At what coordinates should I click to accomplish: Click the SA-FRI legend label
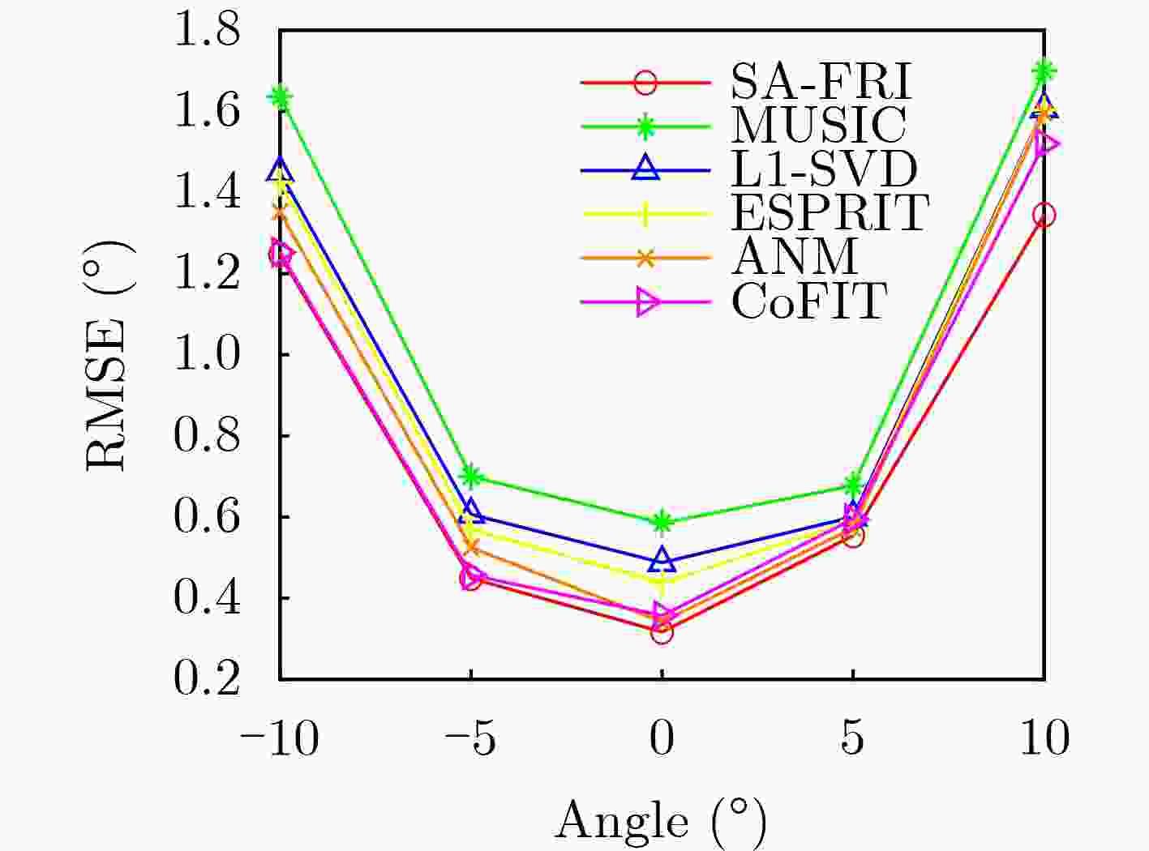coord(821,81)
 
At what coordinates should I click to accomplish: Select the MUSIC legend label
coord(819,125)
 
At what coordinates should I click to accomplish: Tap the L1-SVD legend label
coord(824,169)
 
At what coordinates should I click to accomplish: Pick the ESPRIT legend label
coord(830,213)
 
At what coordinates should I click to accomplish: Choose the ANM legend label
coord(795,257)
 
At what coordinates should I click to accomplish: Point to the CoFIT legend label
coord(809,301)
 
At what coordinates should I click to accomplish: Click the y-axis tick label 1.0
coord(208,354)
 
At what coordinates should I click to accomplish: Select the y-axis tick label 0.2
coord(208,678)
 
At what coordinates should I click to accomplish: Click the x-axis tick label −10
coord(278,739)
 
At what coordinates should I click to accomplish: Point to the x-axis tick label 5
coord(851,739)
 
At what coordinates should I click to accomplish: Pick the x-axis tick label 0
coord(662,739)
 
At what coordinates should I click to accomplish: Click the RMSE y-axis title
coord(108,355)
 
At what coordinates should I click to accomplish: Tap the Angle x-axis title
coord(661,820)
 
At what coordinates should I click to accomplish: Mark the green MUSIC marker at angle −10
coord(281,98)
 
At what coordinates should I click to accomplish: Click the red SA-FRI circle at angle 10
coord(1044,216)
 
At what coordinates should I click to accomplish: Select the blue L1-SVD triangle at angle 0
coord(662,559)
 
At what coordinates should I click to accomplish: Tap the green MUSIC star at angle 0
coord(662,522)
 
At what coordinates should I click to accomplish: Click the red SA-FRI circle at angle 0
coord(662,632)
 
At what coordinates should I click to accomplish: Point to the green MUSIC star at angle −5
coord(471,477)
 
